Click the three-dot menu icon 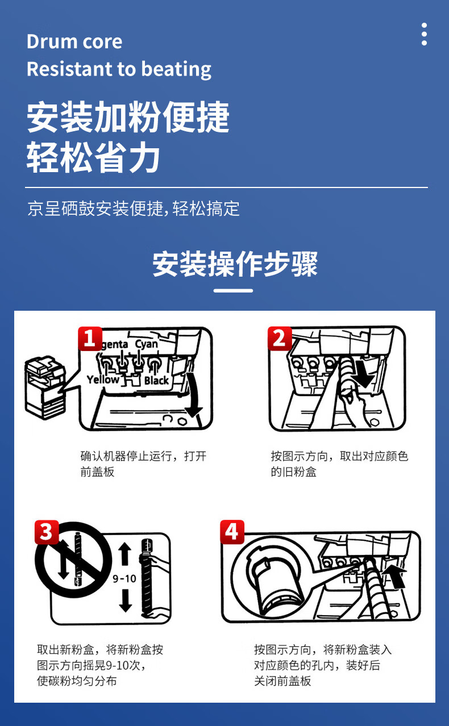pyautogui.click(x=424, y=34)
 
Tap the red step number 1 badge pyautogui.click(x=90, y=339)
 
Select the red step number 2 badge pyautogui.click(x=280, y=339)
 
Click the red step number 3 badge pyautogui.click(x=47, y=532)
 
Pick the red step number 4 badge pyautogui.click(x=232, y=532)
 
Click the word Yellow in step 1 pyautogui.click(x=103, y=379)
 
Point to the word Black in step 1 pyautogui.click(x=157, y=380)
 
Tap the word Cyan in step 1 pyautogui.click(x=146, y=344)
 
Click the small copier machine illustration pyautogui.click(x=45, y=387)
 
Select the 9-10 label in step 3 pyautogui.click(x=124, y=578)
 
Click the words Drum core pyautogui.click(x=74, y=41)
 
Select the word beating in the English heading pyautogui.click(x=176, y=69)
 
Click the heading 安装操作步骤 pyautogui.click(x=235, y=264)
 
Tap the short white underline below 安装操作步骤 pyautogui.click(x=233, y=291)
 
